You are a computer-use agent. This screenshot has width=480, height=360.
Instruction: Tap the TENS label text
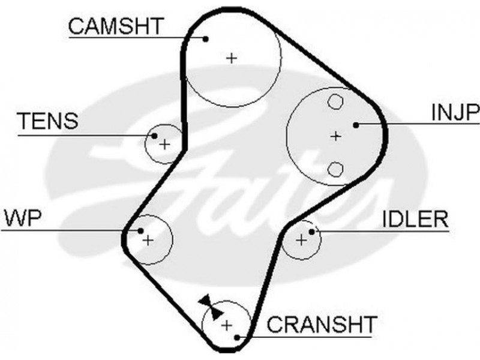tap(47, 121)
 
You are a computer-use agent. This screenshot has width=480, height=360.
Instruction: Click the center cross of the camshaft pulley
tap(232, 58)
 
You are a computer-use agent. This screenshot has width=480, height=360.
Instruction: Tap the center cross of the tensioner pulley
tap(163, 144)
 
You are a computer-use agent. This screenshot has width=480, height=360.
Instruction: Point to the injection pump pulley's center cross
tap(335, 136)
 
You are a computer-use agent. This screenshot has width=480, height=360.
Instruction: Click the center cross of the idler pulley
tap(301, 240)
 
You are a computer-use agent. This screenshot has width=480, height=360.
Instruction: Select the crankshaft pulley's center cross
tap(226, 326)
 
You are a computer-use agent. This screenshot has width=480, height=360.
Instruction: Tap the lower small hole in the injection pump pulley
tap(335, 169)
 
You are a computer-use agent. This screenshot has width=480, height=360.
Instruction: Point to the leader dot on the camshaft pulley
tap(205, 39)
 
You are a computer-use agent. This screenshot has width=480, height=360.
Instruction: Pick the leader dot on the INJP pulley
tap(356, 125)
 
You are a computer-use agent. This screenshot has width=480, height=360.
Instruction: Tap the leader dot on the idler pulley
tap(311, 231)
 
